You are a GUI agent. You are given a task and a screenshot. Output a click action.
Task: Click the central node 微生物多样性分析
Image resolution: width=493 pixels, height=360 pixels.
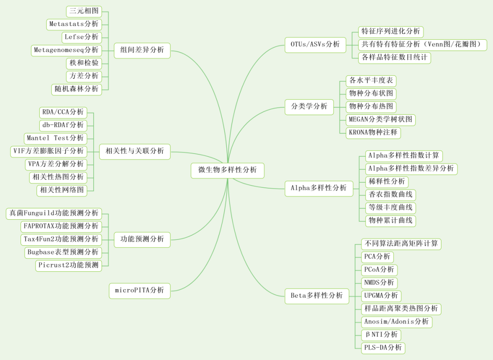coord(227,170)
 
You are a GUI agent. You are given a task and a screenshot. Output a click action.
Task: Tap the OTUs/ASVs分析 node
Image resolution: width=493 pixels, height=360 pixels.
coord(315,44)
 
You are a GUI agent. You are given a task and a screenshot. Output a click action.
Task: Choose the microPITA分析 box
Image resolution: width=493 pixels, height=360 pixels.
coord(139,290)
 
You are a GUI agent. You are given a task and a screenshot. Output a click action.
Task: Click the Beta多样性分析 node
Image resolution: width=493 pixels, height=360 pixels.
coord(316,296)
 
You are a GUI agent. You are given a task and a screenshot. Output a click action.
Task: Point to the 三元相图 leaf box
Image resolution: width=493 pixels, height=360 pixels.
coord(84,11)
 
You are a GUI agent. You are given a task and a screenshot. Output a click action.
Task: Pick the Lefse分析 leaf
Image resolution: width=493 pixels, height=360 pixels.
coord(81,37)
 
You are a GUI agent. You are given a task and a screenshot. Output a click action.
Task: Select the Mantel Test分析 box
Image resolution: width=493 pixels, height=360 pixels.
coord(55,138)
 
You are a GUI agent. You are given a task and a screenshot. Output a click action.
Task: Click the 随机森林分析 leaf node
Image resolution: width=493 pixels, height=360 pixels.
coord(76,89)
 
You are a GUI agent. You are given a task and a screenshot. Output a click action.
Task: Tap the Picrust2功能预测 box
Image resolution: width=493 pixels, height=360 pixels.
coord(68,265)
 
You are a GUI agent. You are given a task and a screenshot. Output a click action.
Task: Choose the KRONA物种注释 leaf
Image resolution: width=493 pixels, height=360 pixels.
coord(373,133)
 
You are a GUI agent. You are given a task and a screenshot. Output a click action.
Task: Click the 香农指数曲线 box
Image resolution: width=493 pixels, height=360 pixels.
coord(391,195)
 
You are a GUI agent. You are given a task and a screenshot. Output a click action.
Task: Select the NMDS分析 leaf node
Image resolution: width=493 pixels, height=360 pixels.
coord(379,283)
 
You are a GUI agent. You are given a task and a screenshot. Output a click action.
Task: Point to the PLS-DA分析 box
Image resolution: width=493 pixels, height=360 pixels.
coord(383,348)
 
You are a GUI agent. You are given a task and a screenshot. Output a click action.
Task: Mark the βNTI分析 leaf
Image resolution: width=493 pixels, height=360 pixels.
coord(381,335)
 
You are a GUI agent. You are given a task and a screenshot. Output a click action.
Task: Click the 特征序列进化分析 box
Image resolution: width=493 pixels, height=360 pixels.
coord(390,32)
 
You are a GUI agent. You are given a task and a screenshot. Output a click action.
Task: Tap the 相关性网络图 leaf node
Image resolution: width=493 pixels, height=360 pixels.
coord(62,190)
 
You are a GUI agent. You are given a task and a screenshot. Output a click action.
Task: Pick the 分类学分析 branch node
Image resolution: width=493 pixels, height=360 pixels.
coord(309,106)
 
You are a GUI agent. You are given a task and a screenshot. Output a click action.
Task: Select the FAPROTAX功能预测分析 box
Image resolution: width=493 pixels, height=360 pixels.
coord(61,226)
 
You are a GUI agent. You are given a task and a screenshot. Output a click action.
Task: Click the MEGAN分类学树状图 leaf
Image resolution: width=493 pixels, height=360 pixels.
coord(380,120)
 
